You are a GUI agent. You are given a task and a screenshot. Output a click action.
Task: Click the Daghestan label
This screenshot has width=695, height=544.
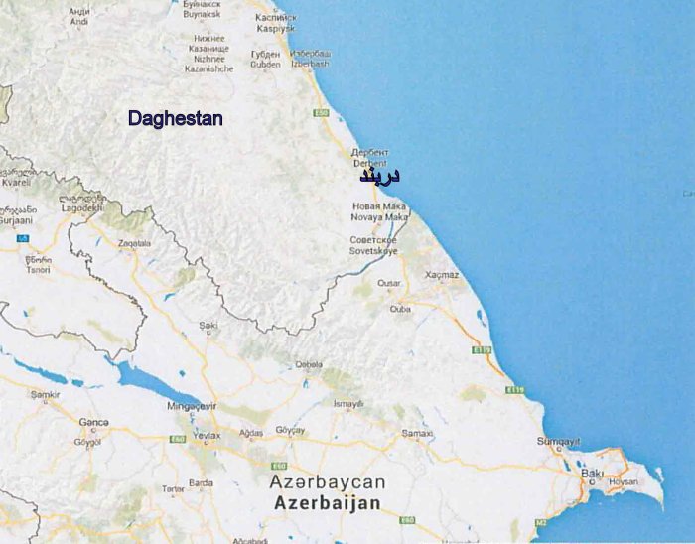tap(175, 118)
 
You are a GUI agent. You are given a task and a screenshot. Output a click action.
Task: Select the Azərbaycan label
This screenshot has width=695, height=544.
tap(327, 482)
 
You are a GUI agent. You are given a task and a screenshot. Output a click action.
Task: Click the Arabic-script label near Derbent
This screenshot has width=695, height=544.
tap(379, 176)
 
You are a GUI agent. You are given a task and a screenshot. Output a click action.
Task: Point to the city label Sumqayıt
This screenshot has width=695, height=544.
tap(557, 441)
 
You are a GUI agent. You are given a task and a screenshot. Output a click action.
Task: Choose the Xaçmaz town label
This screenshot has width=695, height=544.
tap(442, 274)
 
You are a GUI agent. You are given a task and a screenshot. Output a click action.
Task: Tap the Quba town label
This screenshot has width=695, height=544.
tap(400, 309)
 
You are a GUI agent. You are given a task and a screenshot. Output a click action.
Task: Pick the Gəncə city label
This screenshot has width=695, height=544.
tap(93, 423)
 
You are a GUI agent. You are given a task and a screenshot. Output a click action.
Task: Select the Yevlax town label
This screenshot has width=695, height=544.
tap(207, 434)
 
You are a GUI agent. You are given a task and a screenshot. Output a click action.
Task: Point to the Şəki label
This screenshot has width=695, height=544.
tap(208, 325)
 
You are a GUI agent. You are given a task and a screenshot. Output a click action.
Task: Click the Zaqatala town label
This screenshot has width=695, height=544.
tap(134, 242)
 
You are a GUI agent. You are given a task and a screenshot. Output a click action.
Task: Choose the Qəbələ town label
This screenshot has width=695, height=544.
tap(309, 364)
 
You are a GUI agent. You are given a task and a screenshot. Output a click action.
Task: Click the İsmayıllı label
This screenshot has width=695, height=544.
tap(348, 403)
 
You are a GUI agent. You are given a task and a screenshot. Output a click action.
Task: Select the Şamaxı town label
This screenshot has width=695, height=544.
tap(417, 433)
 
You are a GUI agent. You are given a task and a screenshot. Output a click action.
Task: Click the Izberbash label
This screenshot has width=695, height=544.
tap(312, 64)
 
